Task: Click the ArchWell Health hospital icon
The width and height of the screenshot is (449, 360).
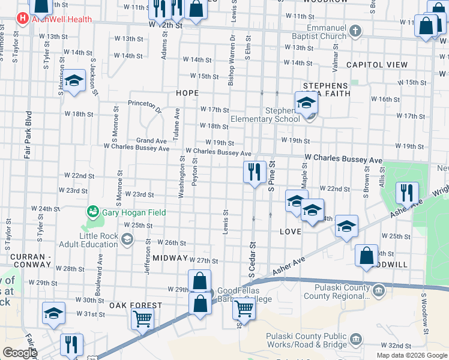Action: [x=23, y=18]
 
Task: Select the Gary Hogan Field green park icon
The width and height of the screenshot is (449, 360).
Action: [x=93, y=211]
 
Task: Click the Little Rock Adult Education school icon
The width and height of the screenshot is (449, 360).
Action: [x=127, y=240]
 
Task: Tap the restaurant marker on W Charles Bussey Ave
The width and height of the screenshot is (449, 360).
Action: [x=255, y=173]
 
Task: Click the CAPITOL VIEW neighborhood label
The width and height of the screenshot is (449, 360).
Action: [x=376, y=65]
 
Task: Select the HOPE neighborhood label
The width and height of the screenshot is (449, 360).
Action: [x=187, y=94]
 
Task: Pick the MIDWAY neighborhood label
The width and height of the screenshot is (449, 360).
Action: [x=170, y=257]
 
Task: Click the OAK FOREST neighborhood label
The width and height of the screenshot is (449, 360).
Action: [x=136, y=305]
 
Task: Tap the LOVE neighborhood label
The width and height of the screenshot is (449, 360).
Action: [x=289, y=231]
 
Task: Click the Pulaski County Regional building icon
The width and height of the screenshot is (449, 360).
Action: [x=378, y=292]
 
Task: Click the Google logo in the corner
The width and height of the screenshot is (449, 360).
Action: [x=19, y=353]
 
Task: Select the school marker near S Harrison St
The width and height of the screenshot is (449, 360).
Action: [x=74, y=82]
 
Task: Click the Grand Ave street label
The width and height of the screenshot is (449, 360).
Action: [x=151, y=140]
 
